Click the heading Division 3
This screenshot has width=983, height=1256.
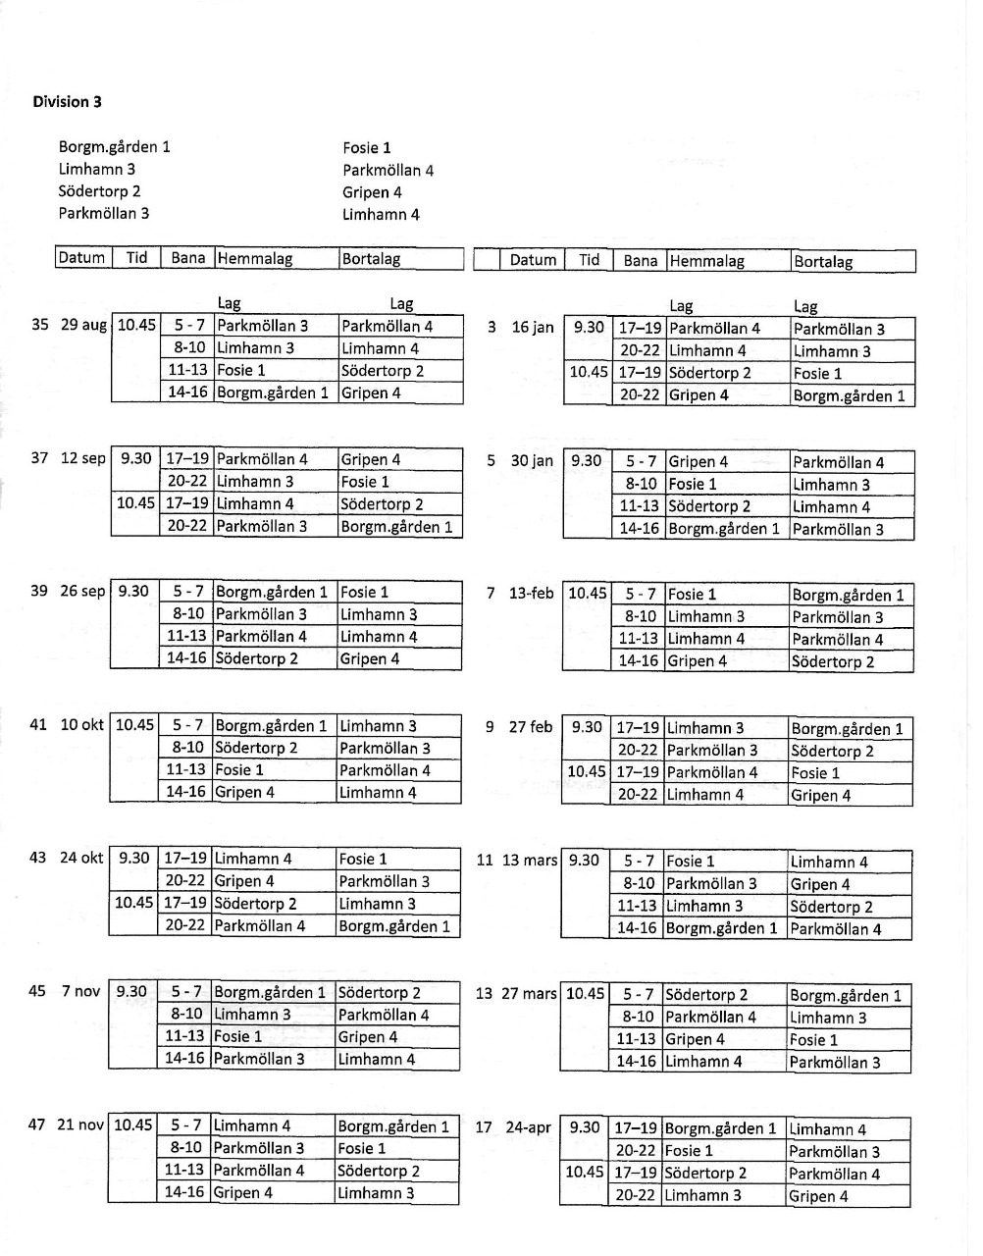(67, 102)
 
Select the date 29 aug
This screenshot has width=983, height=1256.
(83, 325)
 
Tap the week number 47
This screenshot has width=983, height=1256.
(37, 1125)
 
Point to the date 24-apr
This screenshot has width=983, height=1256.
(528, 1127)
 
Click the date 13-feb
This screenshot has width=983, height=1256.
(531, 593)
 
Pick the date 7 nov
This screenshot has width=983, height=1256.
(80, 991)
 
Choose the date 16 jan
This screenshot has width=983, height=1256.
(533, 327)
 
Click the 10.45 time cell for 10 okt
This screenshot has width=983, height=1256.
(134, 725)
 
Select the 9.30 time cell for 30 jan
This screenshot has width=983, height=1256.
(587, 460)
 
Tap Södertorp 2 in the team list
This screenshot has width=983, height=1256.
(99, 191)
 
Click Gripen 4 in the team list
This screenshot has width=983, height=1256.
(372, 192)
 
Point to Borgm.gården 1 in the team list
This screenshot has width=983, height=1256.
(114, 147)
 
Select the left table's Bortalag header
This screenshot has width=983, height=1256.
(371, 259)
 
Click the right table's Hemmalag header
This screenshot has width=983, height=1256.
(706, 261)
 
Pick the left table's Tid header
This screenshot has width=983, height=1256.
(136, 258)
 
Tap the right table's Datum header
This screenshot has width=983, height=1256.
(533, 260)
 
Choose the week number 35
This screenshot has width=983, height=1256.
(40, 325)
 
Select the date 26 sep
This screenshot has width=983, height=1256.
(82, 591)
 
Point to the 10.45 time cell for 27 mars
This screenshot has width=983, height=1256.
(585, 993)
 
